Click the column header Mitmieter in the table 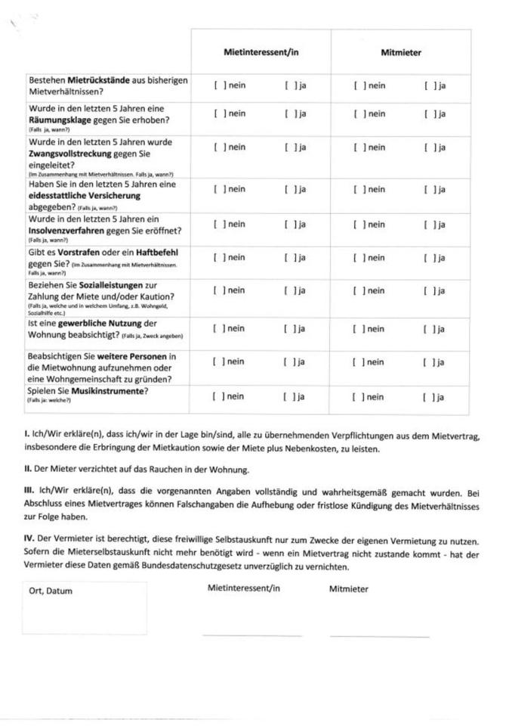(x=401, y=53)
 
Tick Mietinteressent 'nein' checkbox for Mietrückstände (x=217, y=85)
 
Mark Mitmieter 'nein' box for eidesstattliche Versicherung (x=358, y=189)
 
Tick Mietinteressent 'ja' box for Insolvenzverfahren (x=288, y=224)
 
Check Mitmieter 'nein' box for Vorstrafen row (x=358, y=258)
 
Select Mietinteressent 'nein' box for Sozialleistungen (x=217, y=290)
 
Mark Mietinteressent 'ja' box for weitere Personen (x=288, y=362)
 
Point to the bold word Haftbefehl (x=159, y=251)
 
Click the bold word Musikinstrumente (x=108, y=391)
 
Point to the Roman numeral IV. (x=29, y=541)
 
